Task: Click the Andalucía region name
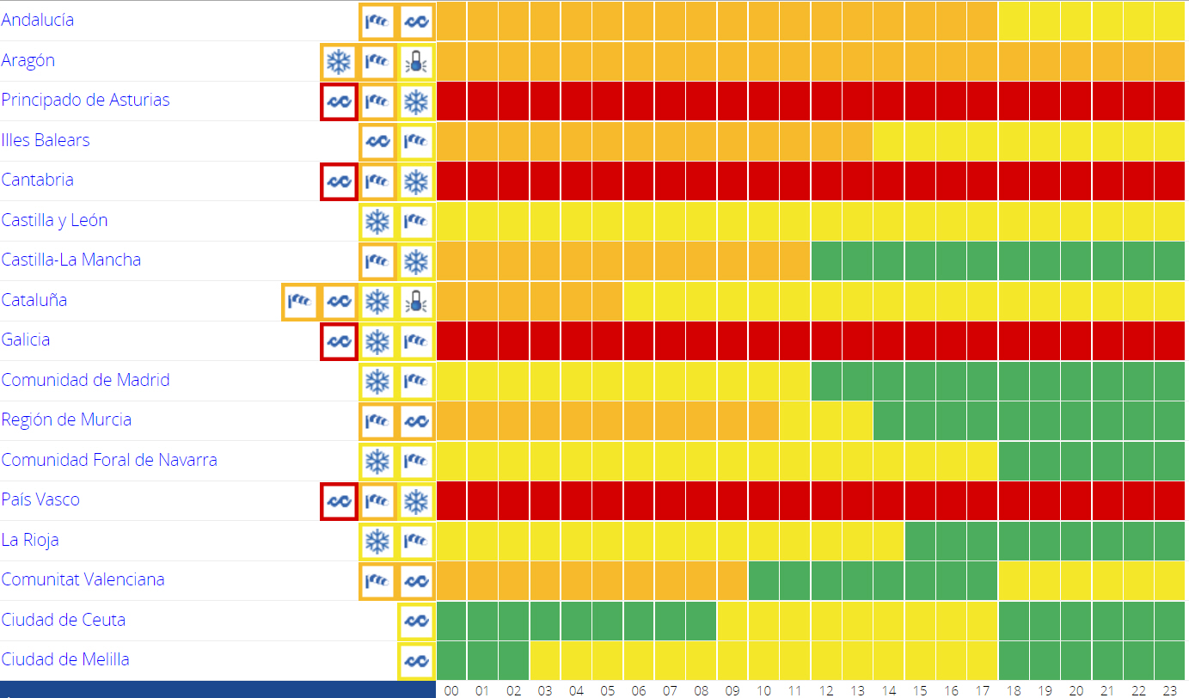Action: point(38,20)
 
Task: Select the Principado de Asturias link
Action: point(85,100)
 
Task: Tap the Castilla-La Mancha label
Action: point(71,260)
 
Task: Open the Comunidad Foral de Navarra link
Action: point(109,460)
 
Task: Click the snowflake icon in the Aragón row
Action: point(338,61)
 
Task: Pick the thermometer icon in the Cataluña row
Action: point(416,301)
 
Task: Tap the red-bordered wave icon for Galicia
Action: point(338,341)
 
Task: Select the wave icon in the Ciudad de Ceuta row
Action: point(416,620)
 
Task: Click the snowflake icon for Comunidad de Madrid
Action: point(377,381)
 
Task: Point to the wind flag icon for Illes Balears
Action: point(416,140)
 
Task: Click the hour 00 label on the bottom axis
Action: point(452,689)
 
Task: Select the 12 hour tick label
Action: point(826,689)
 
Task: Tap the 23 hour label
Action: point(1169,689)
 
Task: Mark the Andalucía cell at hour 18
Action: point(1014,20)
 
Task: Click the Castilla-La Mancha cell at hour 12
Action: point(826,260)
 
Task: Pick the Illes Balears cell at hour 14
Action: point(889,140)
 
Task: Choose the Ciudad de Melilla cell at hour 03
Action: point(545,660)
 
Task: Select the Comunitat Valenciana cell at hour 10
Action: point(763,580)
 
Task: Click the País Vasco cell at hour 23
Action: point(1169,500)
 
